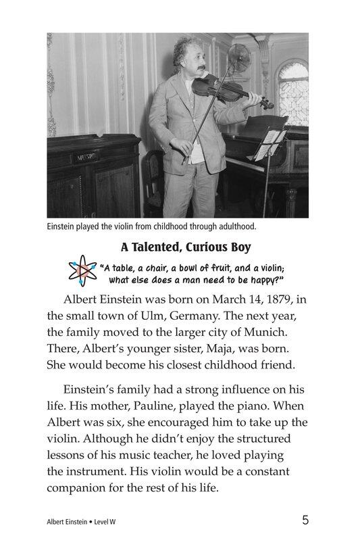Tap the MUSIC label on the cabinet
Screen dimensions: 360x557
pos(86,157)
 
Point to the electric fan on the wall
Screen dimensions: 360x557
pos(239,59)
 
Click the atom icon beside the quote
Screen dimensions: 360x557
pos(83,272)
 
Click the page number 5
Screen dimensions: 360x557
pos(306,520)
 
